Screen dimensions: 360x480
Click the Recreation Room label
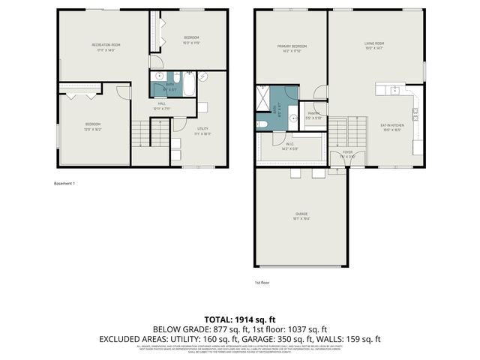[x=106, y=46]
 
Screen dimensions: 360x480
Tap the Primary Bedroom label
[x=288, y=48]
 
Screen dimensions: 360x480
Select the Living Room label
[x=373, y=48]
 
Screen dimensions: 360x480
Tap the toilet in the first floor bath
[x=262, y=124]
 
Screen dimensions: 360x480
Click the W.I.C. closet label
[x=289, y=145]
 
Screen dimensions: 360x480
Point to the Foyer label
[x=347, y=154]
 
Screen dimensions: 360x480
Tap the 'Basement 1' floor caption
[x=64, y=183]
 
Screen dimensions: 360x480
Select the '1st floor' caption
[x=262, y=283]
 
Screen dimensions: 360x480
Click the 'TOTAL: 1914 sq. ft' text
[x=239, y=319]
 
